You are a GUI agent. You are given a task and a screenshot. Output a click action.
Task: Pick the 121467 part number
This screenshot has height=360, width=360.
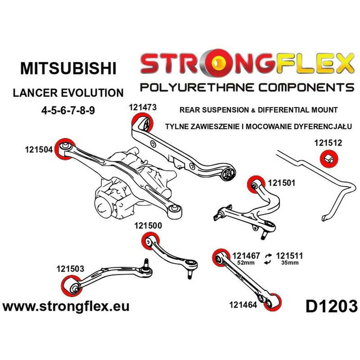pos(246,255)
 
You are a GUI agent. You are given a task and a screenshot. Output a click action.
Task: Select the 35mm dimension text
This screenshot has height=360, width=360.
pos(289,263)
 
